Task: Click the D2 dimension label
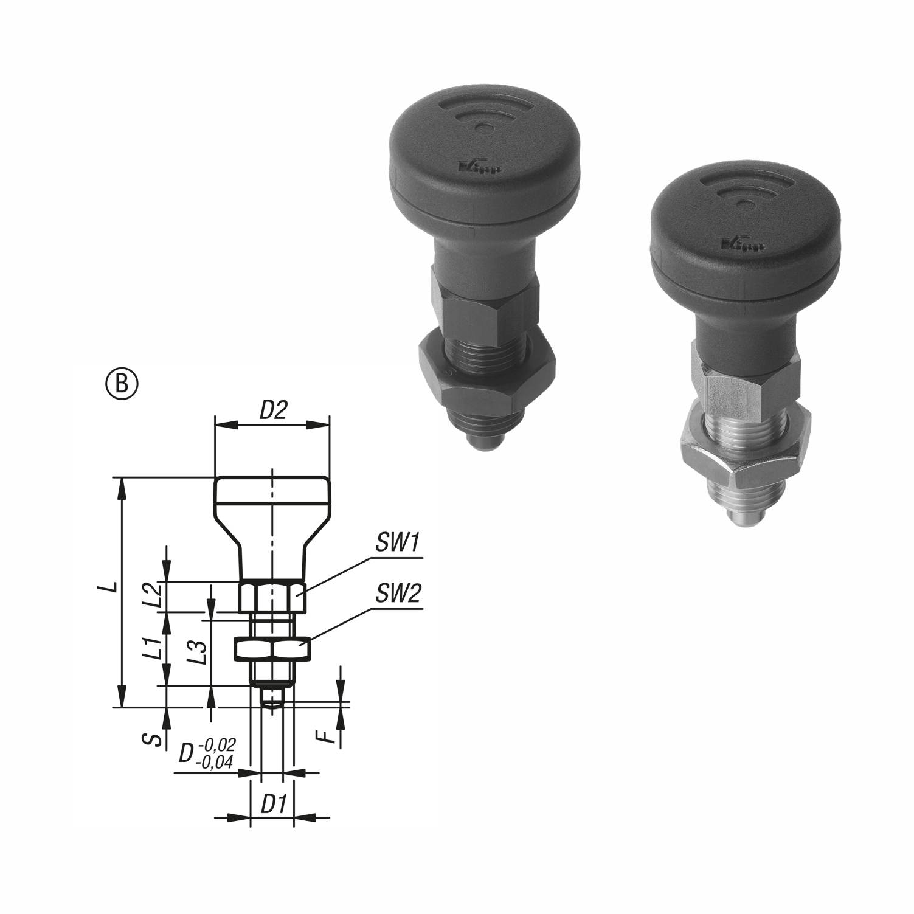[x=273, y=411]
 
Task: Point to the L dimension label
[x=109, y=588]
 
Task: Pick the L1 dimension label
[x=156, y=648]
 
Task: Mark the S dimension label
[x=155, y=739]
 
